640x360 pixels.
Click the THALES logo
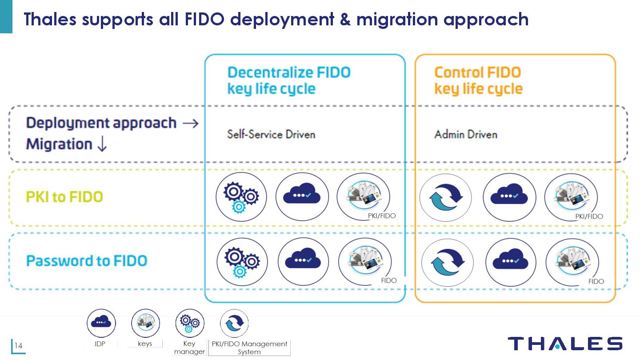(x=565, y=344)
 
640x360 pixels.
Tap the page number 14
(x=19, y=346)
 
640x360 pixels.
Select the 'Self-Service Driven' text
(x=271, y=134)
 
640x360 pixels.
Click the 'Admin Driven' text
(x=466, y=134)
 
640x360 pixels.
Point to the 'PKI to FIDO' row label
(x=64, y=197)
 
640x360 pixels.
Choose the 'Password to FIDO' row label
(x=87, y=260)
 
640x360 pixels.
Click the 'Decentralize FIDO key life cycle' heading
(x=289, y=80)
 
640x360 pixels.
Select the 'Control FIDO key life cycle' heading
(x=478, y=80)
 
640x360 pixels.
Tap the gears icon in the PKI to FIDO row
(x=241, y=197)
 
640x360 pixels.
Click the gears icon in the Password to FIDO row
(x=242, y=262)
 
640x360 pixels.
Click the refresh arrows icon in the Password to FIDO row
(x=447, y=262)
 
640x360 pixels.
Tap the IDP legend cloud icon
(x=101, y=323)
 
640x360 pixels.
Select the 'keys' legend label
(x=145, y=344)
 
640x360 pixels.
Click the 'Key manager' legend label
(x=189, y=348)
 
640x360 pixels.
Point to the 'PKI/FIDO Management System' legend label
(x=249, y=348)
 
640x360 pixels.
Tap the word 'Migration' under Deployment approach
(x=59, y=144)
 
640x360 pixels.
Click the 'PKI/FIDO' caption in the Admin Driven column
(x=589, y=216)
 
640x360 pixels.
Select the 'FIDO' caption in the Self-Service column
(x=389, y=280)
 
